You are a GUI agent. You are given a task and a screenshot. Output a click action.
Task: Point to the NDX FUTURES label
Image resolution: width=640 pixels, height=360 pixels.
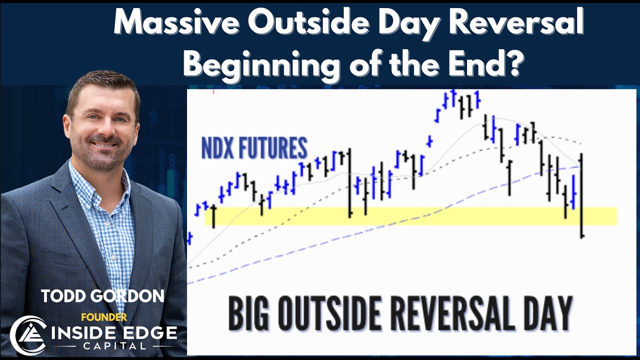pyautogui.click(x=254, y=147)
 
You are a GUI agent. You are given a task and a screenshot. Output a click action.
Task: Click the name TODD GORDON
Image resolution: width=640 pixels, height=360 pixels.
pyautogui.click(x=103, y=296)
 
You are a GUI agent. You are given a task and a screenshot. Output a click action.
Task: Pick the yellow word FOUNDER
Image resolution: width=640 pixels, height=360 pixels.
pyautogui.click(x=104, y=317)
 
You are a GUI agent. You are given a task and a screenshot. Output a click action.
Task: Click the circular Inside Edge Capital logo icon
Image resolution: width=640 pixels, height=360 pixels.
pyautogui.click(x=28, y=335)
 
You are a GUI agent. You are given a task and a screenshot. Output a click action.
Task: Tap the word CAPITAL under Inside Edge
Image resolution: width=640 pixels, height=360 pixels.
pyautogui.click(x=114, y=346)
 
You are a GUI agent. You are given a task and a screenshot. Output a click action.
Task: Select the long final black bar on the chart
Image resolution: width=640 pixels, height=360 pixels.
pyautogui.click(x=581, y=195)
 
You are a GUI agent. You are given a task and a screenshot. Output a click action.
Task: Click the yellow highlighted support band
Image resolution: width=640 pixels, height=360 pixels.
pyautogui.click(x=411, y=216)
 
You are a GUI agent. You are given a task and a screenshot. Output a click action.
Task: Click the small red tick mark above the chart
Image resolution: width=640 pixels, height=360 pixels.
pyautogui.click(x=213, y=91)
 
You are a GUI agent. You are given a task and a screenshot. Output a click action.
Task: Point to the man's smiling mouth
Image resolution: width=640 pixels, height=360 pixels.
pyautogui.click(x=103, y=144)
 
